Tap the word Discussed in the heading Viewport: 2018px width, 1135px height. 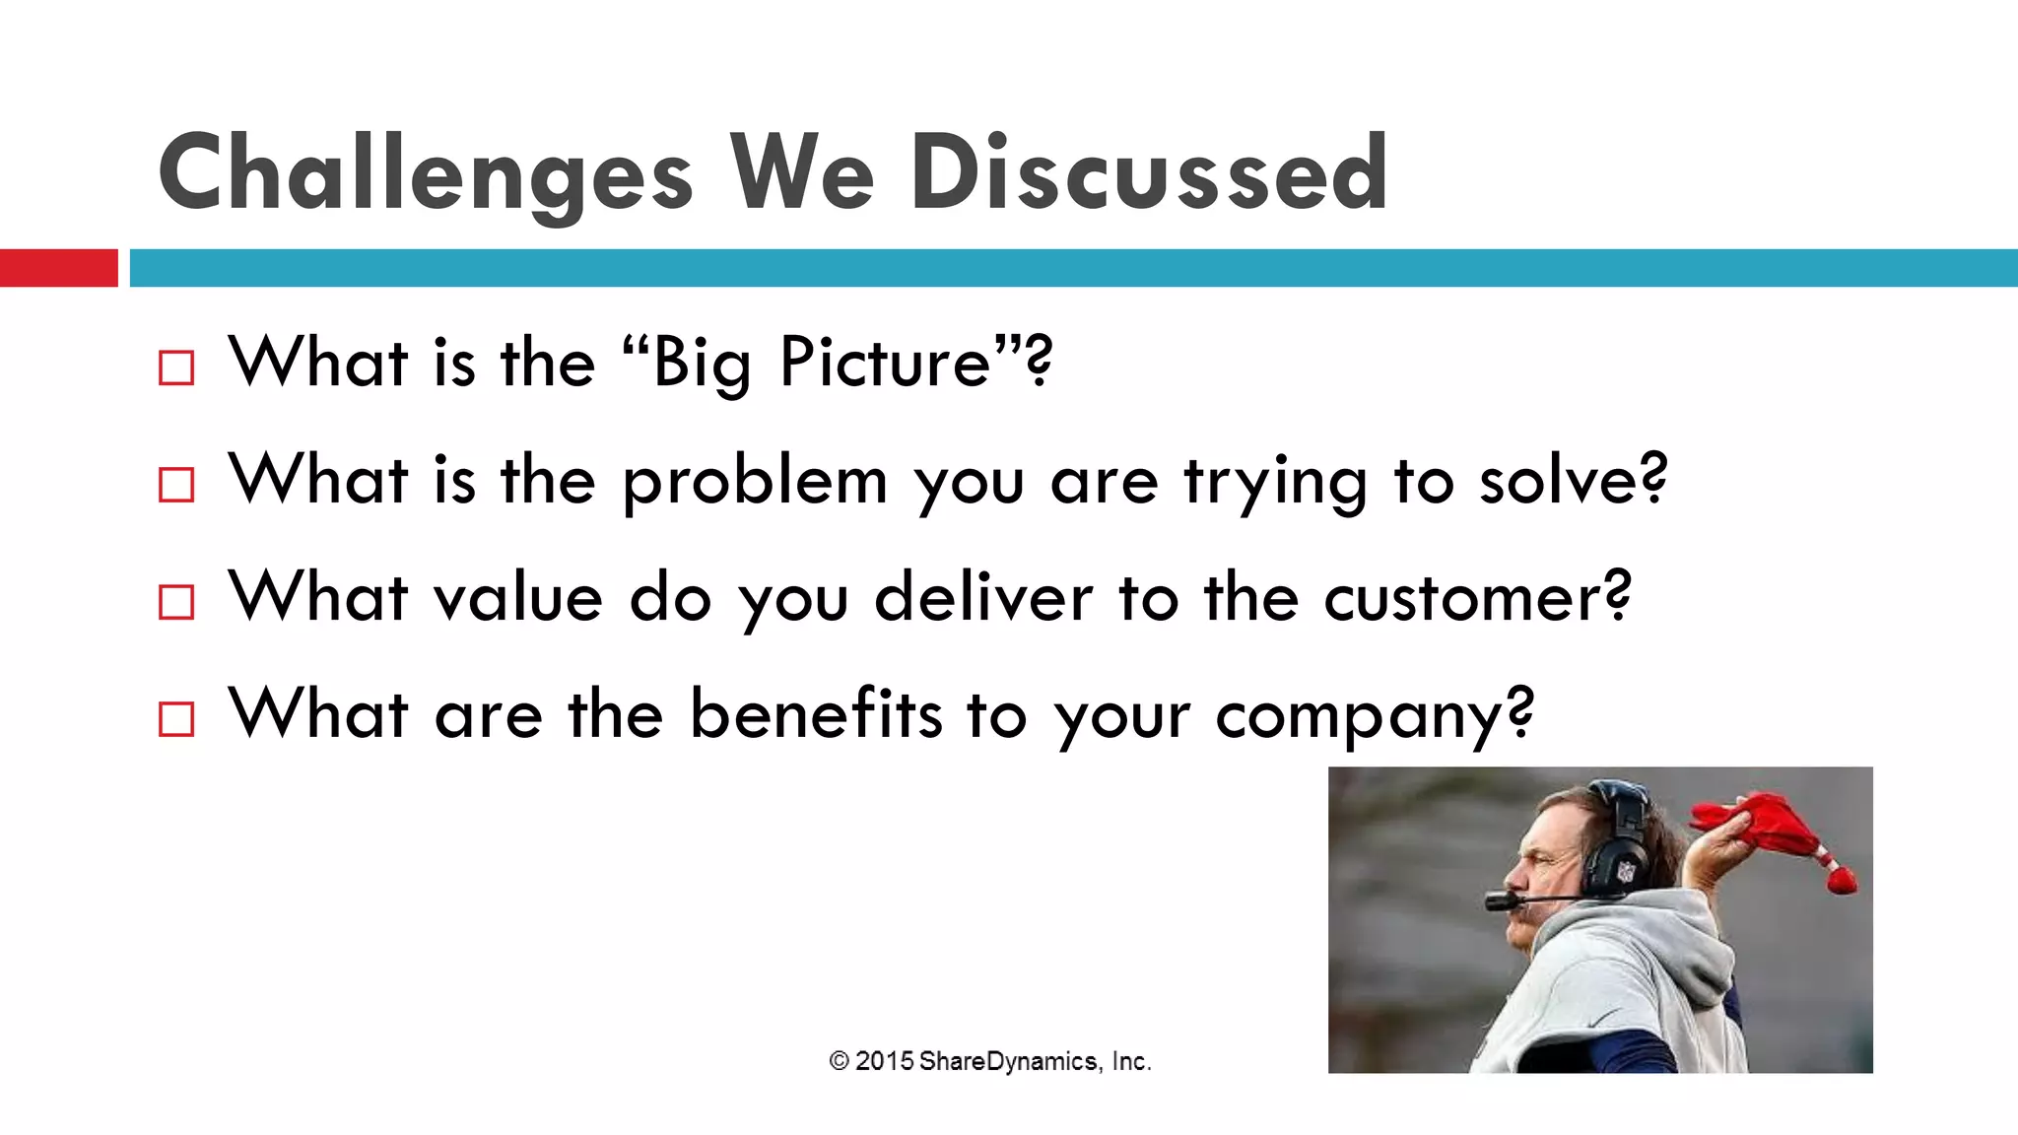click(1149, 174)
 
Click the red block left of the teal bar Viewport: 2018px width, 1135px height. click(58, 268)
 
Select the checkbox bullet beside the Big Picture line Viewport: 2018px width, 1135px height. click(176, 367)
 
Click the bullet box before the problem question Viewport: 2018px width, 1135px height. click(176, 485)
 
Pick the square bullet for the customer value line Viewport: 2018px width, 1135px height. click(176, 601)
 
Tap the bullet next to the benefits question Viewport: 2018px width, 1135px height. click(176, 718)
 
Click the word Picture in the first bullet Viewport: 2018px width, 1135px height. click(885, 363)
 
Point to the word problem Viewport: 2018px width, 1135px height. click(755, 483)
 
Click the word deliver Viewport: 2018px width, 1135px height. click(983, 597)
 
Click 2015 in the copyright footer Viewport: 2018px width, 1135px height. click(884, 1061)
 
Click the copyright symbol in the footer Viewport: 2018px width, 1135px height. click(839, 1061)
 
